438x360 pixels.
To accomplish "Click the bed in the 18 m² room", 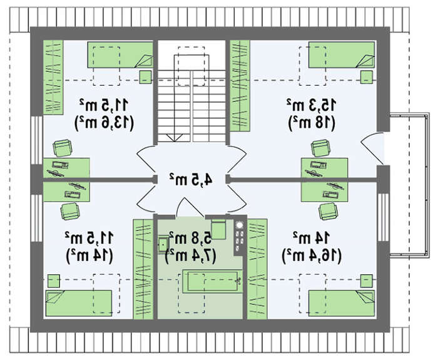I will click(340, 56).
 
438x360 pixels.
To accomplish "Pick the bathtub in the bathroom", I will click(211, 280).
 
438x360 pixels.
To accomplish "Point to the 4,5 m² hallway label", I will click(191, 180).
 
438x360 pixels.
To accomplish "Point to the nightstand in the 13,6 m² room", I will click(145, 76).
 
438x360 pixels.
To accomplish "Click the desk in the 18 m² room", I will click(325, 167).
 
